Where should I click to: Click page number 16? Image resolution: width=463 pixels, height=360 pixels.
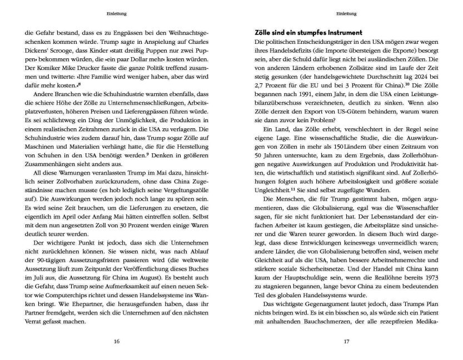(x=116, y=342)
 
